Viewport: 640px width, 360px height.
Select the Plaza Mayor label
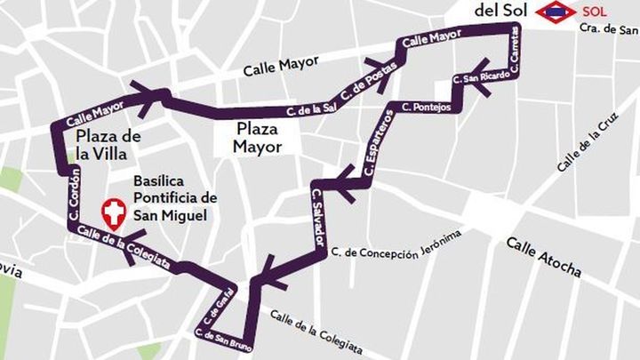tap(258, 138)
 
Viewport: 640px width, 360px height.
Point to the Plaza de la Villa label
tap(108, 144)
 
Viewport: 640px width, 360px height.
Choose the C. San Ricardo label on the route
tap(481, 79)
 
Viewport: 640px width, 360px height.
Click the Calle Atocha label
tap(543, 257)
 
